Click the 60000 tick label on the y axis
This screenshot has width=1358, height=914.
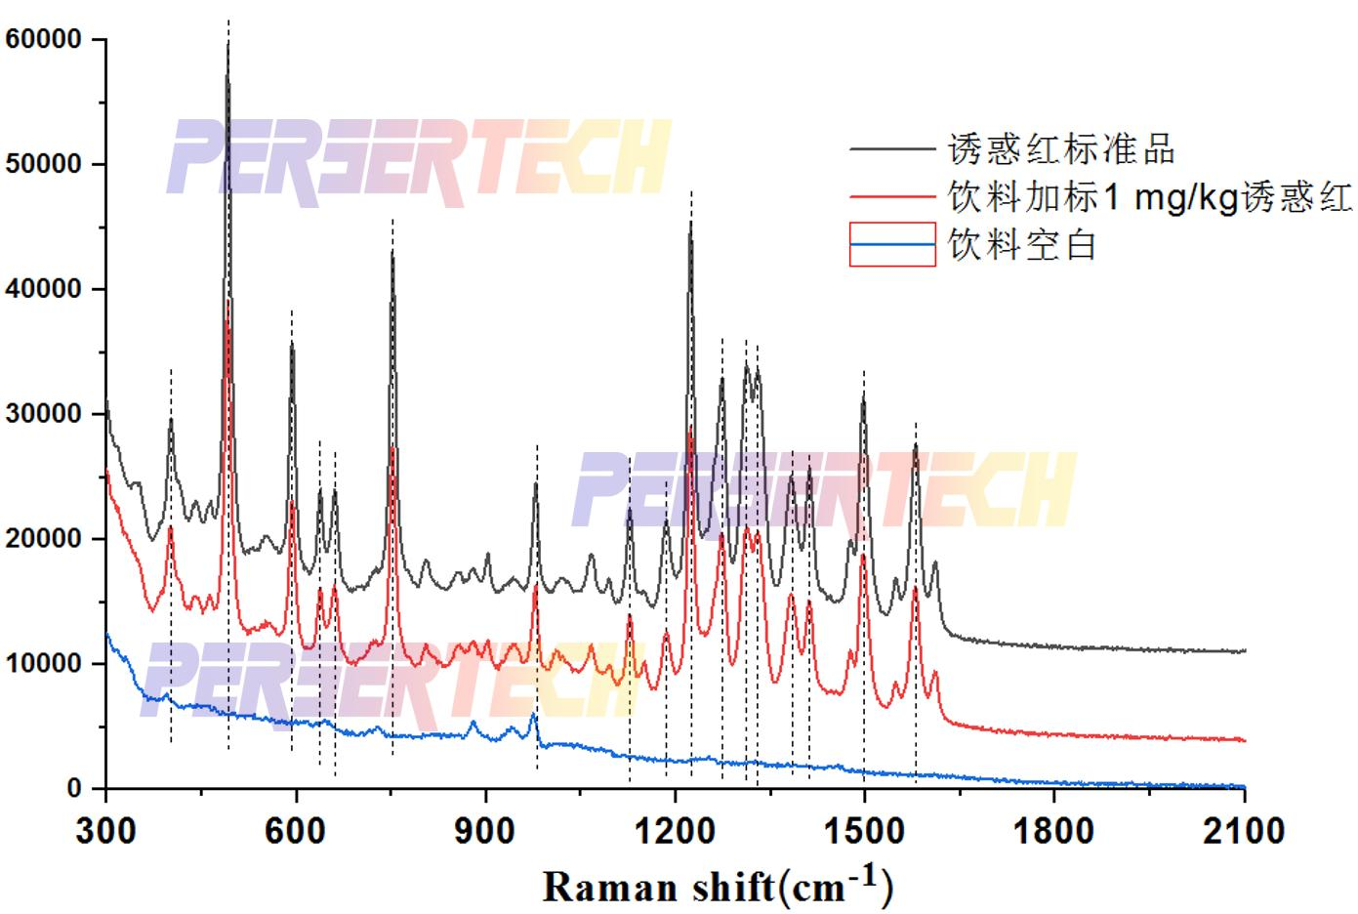coord(42,40)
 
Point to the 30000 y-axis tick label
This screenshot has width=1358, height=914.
coord(42,414)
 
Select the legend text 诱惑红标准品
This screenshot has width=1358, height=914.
coord(1062,149)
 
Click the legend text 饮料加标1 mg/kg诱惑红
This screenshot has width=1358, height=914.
coord(1150,197)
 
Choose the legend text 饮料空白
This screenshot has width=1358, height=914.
coord(1023,244)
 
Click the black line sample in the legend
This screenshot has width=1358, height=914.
coord(892,149)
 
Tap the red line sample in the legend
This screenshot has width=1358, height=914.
coord(892,197)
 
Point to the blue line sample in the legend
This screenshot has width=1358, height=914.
coord(892,244)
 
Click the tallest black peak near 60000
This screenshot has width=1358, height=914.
coord(227,45)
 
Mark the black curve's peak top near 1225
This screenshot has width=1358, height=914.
coord(690,224)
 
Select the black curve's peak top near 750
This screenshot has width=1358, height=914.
coord(392,253)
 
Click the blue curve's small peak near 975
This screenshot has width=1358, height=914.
coord(533,715)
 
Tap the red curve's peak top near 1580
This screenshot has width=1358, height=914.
coord(916,589)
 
